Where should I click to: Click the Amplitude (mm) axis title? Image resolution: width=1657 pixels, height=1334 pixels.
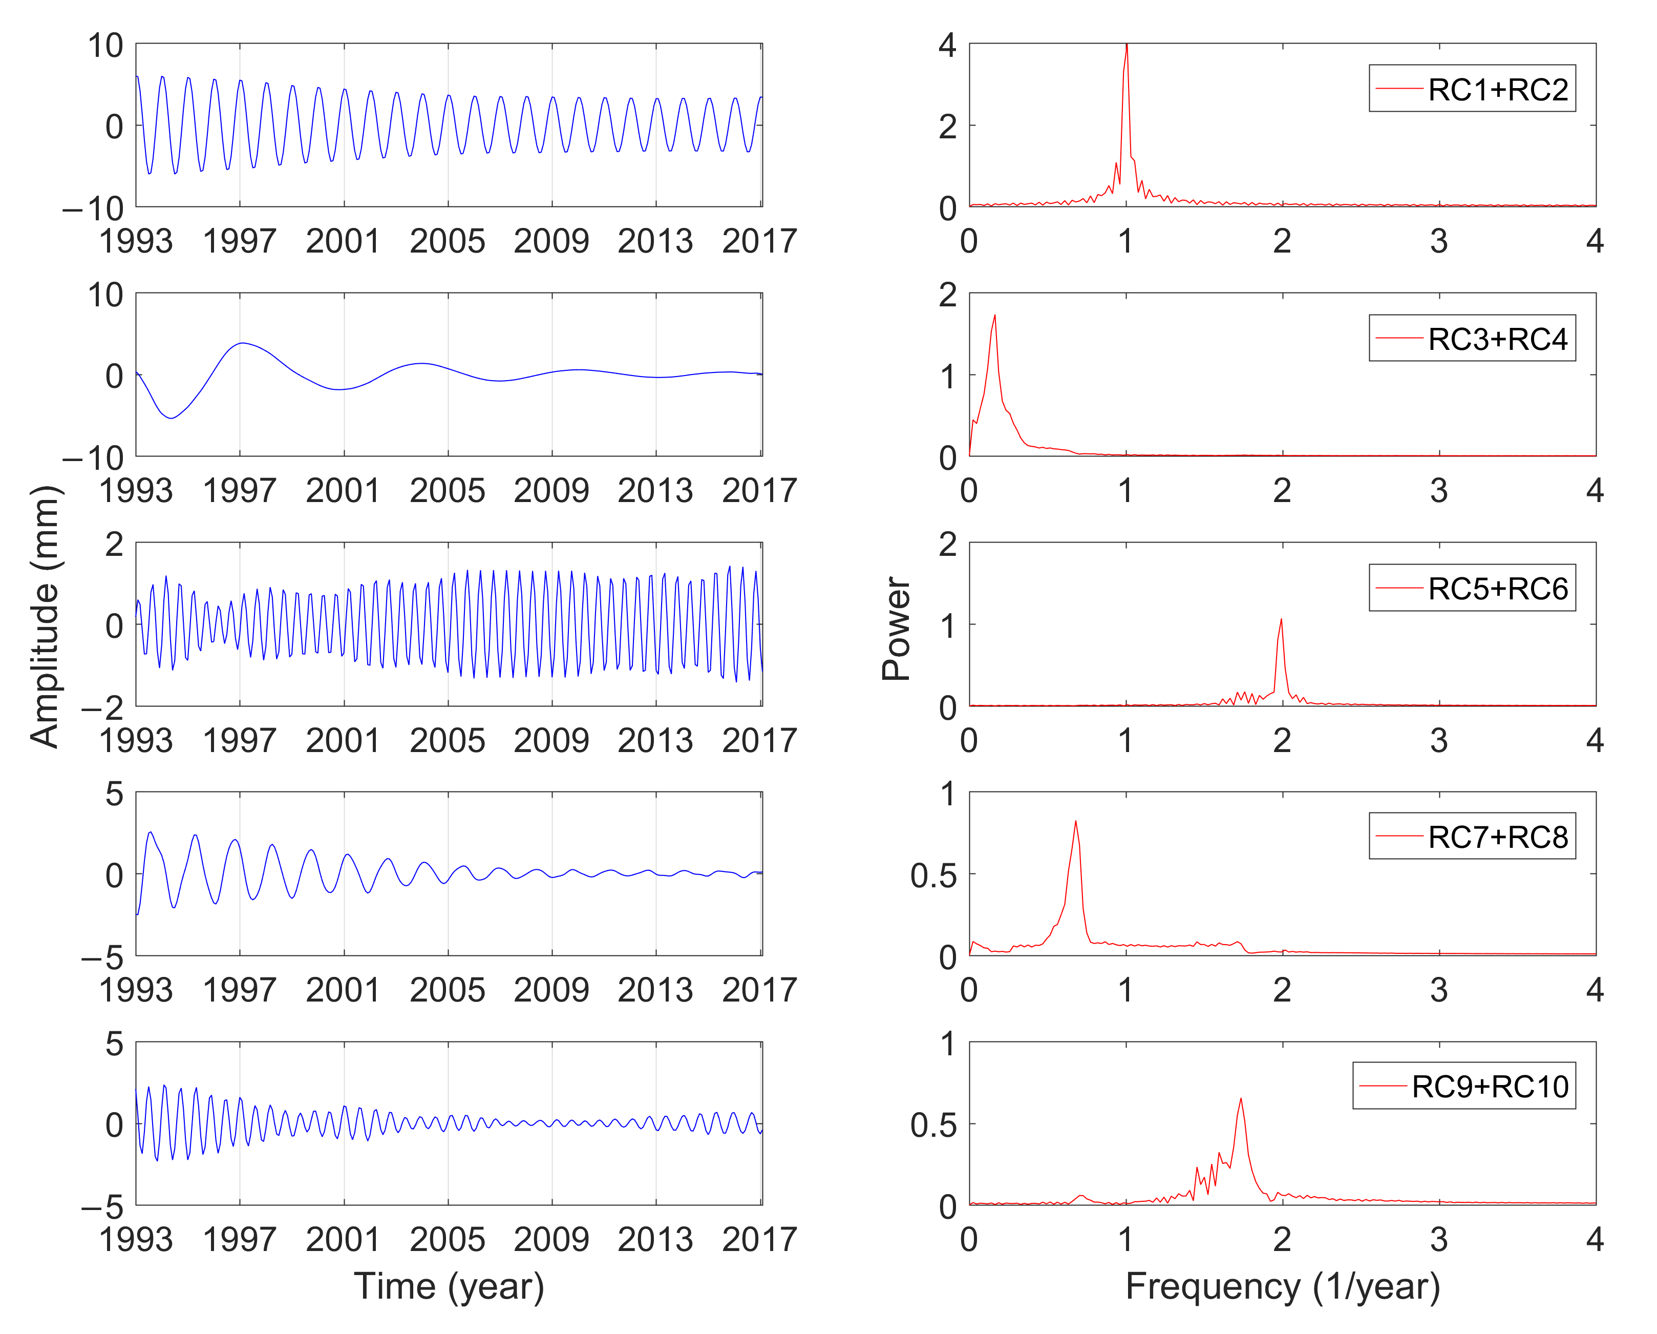45,615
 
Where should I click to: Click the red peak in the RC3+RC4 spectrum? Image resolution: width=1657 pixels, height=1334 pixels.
994,316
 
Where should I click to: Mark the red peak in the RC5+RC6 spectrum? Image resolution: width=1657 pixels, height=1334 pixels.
1281,620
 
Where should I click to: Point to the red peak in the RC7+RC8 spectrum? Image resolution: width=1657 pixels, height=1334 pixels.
1075,822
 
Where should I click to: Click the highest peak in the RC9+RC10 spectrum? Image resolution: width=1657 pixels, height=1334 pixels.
1240,1099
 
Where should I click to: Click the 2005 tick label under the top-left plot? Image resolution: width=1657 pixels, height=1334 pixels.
448,241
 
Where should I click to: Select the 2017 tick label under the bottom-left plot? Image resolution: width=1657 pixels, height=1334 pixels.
758,1239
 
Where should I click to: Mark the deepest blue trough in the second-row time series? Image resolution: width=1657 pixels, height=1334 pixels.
172,418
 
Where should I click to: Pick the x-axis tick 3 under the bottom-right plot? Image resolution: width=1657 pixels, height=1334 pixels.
1438,1239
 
